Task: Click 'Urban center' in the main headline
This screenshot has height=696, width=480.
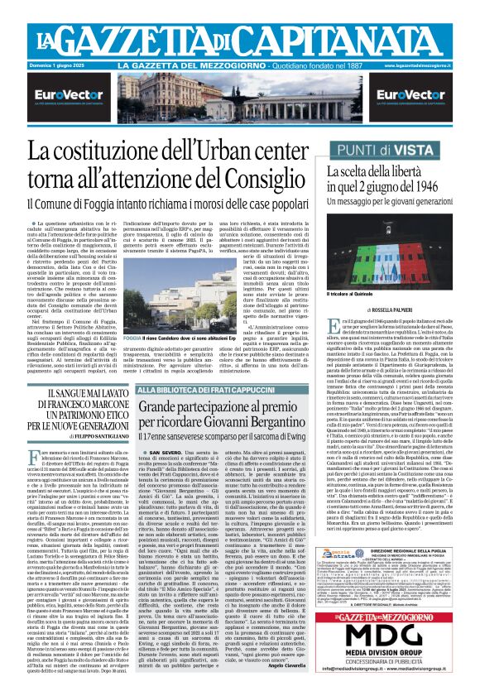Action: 247,151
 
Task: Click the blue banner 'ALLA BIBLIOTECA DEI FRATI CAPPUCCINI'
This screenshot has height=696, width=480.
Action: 197,389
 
